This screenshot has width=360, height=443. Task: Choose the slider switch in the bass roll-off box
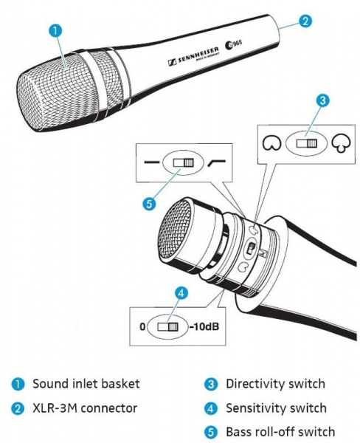click(181, 162)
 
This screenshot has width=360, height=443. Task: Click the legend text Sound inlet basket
click(86, 384)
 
